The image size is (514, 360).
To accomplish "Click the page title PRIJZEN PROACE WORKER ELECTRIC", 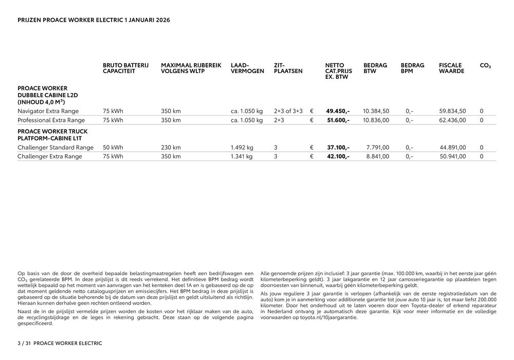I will click(94, 20).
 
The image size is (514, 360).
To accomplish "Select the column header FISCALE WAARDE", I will click(451, 68).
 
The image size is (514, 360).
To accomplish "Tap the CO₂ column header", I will click(485, 66).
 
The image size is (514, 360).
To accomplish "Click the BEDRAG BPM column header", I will click(412, 68).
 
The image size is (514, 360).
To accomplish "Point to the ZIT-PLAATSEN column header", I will click(288, 68).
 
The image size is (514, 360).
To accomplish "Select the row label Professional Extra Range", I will click(51, 120).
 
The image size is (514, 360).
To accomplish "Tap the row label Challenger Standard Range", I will click(56, 148).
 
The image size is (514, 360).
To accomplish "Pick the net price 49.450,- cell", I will click(338, 111).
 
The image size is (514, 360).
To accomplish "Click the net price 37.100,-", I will click(338, 148).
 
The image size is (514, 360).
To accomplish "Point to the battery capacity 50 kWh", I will click(113, 148).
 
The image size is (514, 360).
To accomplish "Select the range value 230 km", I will click(171, 148).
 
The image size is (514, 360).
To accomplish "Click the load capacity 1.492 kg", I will click(242, 148).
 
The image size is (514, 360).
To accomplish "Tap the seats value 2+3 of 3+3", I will click(288, 111).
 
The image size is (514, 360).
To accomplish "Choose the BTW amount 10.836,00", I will click(376, 120).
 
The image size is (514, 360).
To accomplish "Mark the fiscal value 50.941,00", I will click(452, 157).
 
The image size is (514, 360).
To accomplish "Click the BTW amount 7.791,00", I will click(377, 148).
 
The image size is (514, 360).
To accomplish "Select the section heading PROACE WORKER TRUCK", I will click(52, 132).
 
